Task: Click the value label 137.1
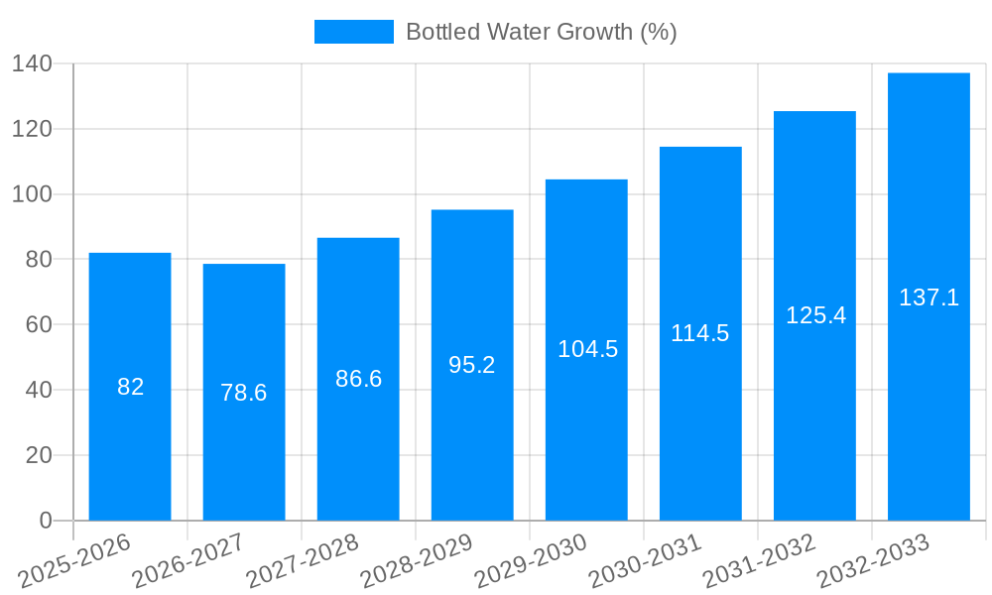(929, 297)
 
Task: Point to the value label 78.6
(244, 393)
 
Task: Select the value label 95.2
(472, 365)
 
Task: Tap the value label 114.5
(700, 333)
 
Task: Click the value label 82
(130, 387)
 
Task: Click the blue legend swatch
(353, 32)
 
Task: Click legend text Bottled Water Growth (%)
(542, 32)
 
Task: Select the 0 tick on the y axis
(45, 521)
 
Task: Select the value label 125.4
(815, 315)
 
